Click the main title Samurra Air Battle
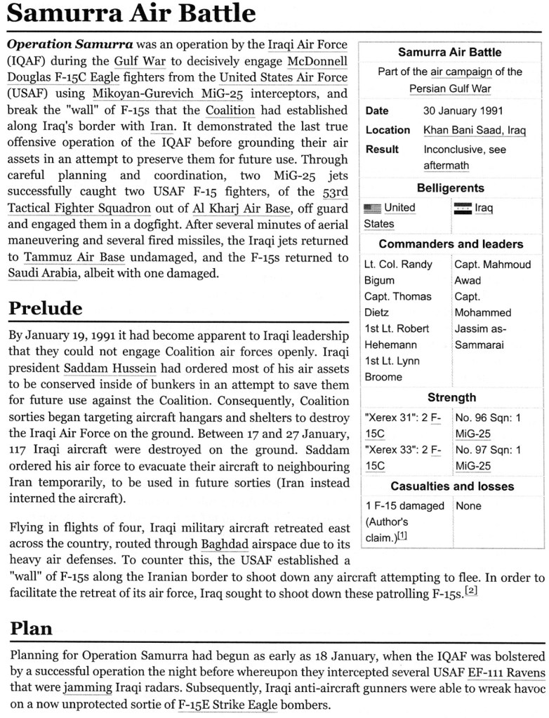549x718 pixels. (x=131, y=14)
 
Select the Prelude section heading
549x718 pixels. (x=46, y=308)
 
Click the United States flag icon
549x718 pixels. (x=373, y=208)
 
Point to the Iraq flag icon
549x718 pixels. (x=463, y=208)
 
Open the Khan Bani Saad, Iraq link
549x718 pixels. (x=475, y=131)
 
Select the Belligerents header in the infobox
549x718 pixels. (x=450, y=188)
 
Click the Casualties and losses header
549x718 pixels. (x=451, y=486)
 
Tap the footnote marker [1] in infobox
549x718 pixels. (x=404, y=537)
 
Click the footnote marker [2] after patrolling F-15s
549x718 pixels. (x=471, y=591)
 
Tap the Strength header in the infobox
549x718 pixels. (x=451, y=397)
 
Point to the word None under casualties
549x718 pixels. (x=468, y=505)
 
